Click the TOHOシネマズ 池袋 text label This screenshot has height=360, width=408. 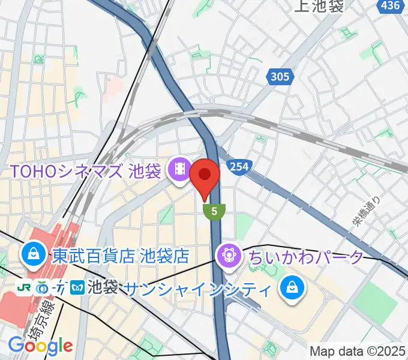tap(85, 172)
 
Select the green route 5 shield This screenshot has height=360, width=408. tap(214, 211)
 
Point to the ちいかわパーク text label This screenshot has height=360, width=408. tap(305, 257)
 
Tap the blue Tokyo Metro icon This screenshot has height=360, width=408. tap(77, 288)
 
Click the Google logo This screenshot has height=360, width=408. tap(40, 346)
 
